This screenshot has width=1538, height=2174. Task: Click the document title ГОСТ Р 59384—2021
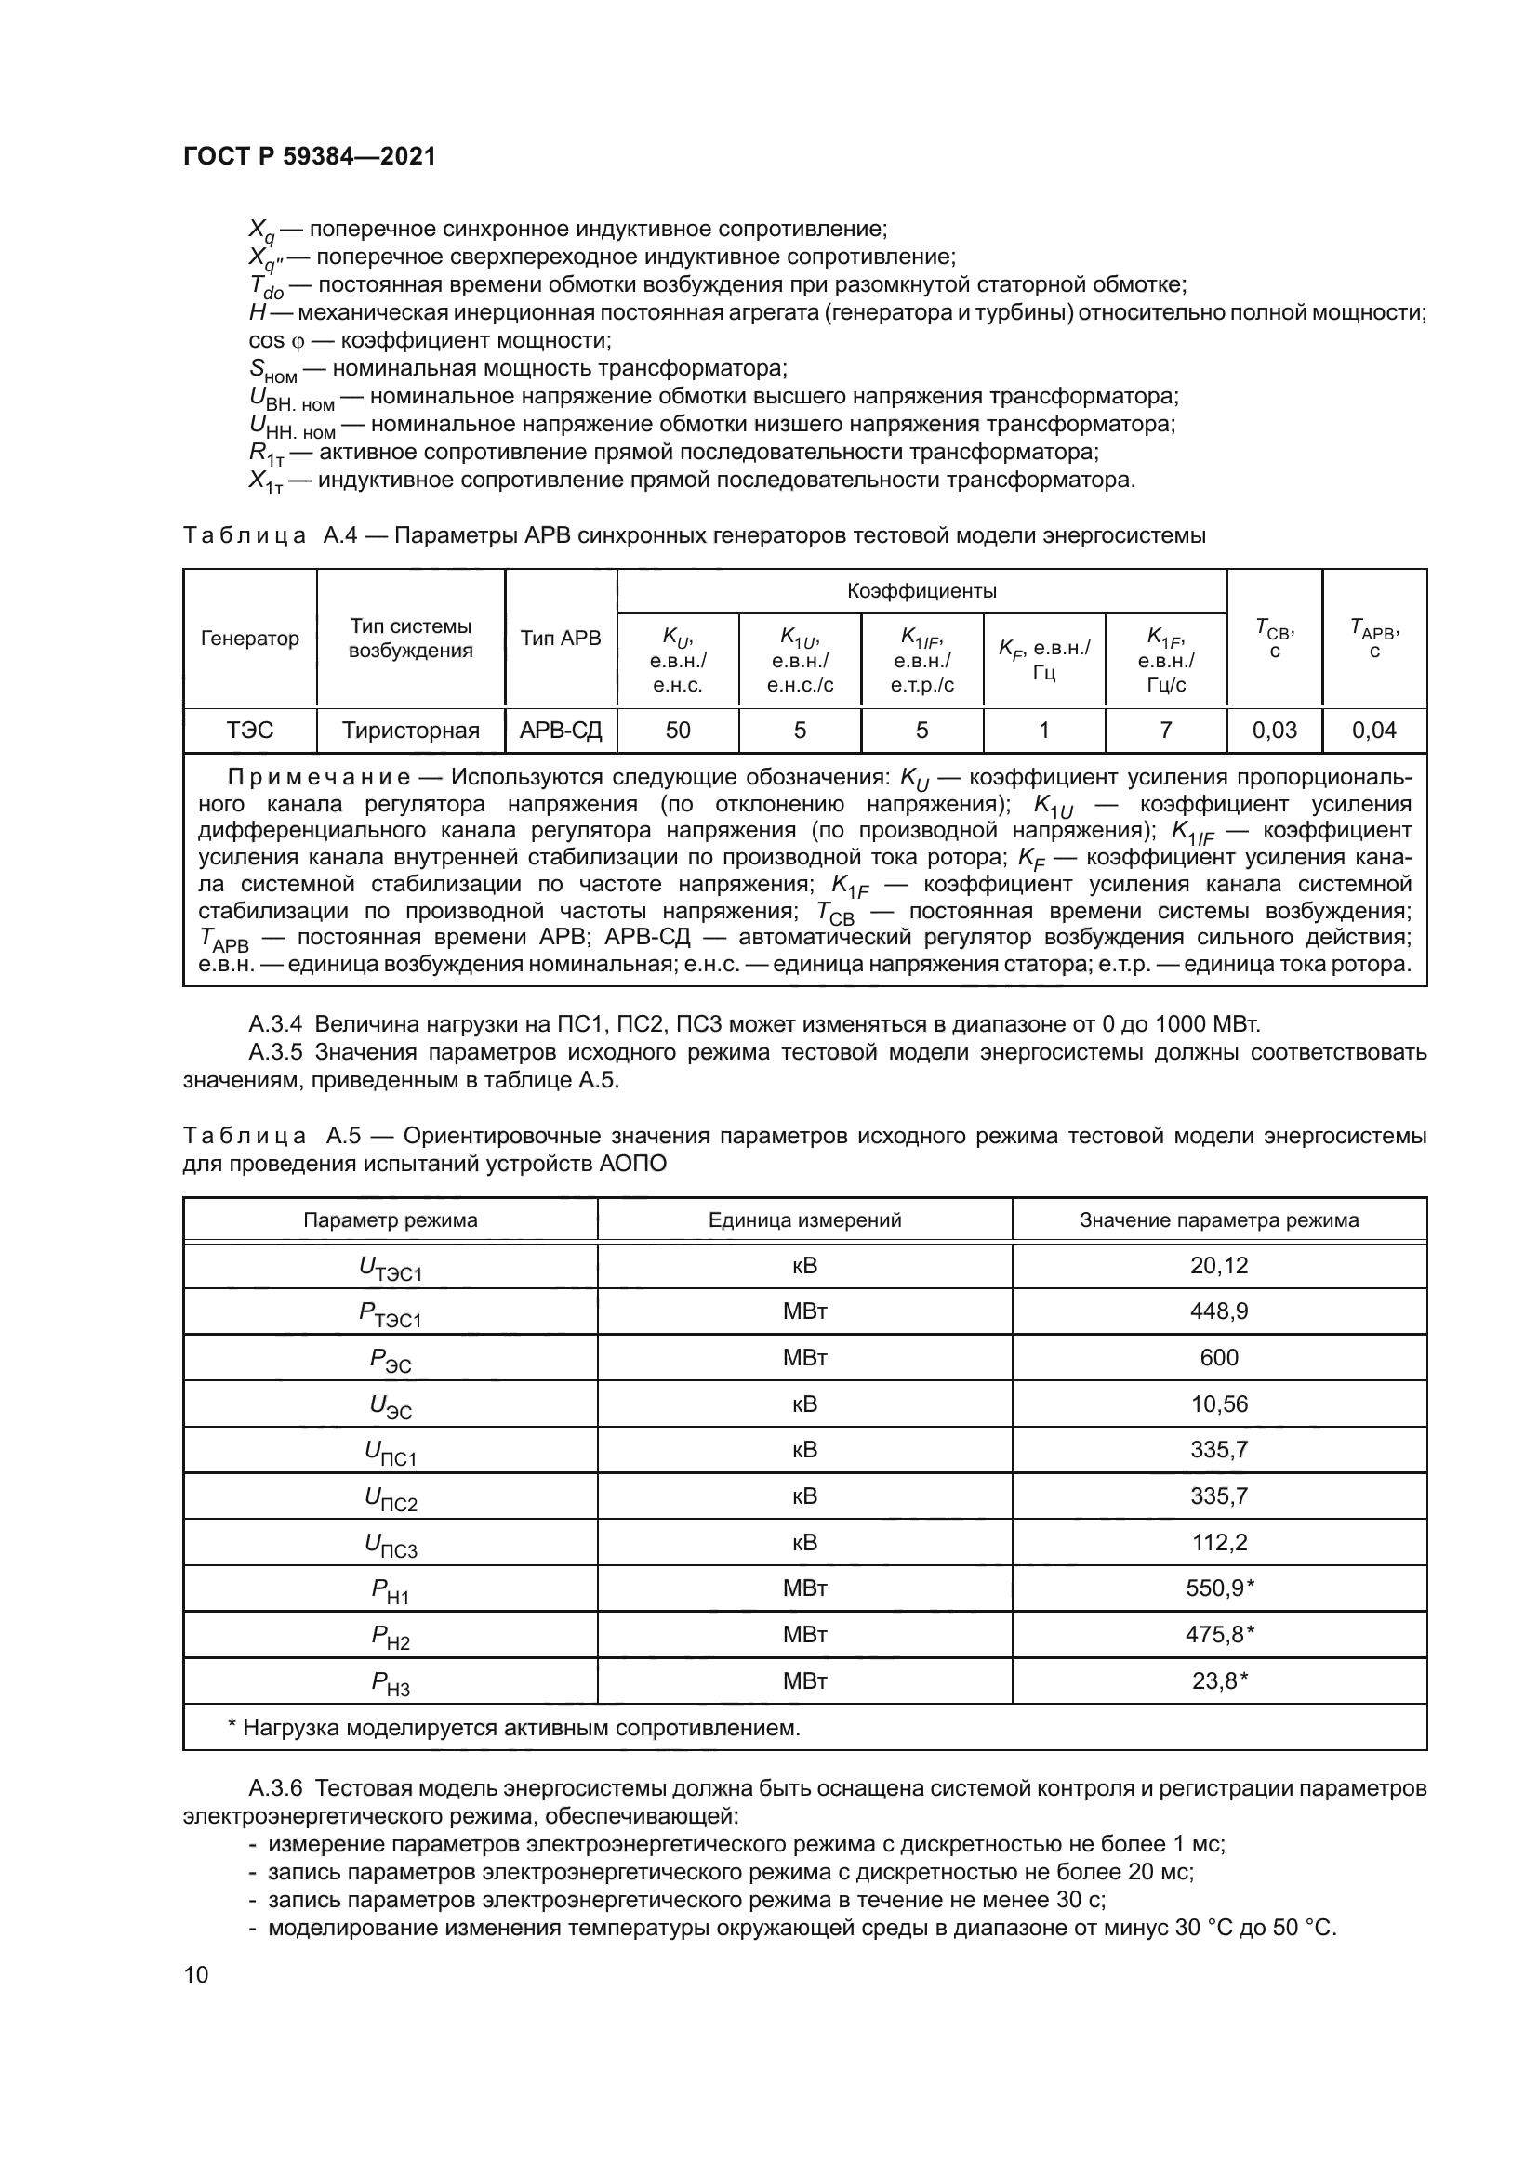(309, 157)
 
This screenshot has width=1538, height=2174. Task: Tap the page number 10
(196, 1974)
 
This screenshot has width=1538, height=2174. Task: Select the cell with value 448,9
(1219, 1311)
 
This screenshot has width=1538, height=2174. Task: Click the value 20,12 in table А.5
(1219, 1265)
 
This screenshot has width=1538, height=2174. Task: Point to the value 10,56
(1219, 1404)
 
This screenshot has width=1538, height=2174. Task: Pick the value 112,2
(1219, 1543)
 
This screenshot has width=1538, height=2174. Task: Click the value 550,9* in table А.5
(1219, 1588)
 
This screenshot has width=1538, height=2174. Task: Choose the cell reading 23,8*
(1219, 1681)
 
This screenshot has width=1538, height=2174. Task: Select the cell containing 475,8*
(1219, 1635)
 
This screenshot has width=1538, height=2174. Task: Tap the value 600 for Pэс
(1219, 1358)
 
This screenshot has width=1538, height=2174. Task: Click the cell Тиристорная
(410, 730)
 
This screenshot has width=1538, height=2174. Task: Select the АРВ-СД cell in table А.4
(561, 730)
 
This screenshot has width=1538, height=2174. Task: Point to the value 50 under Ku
(678, 730)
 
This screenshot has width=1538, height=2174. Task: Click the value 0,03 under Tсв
(1274, 730)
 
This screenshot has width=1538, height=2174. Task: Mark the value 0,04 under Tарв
(1374, 730)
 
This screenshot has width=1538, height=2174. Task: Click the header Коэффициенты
(921, 592)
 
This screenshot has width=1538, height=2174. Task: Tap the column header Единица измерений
(804, 1220)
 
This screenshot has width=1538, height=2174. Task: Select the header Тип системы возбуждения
(410, 639)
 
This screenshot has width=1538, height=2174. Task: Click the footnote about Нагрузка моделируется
(514, 1728)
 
